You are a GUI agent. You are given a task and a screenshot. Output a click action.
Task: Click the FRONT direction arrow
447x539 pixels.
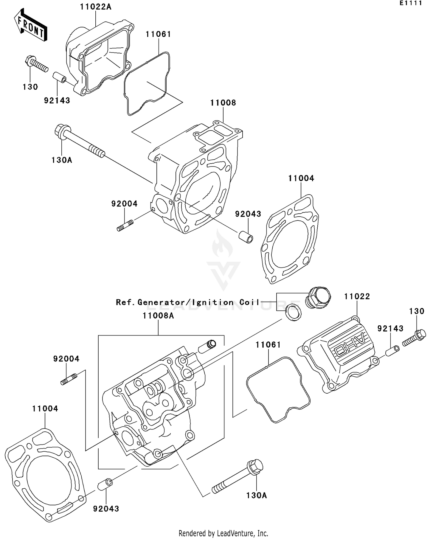31,25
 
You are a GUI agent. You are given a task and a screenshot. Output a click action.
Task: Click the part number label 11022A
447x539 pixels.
95,7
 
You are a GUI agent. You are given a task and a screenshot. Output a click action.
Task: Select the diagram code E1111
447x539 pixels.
411,3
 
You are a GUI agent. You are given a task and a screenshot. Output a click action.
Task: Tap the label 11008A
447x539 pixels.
158,316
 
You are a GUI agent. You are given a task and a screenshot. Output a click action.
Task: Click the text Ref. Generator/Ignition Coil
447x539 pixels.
188,302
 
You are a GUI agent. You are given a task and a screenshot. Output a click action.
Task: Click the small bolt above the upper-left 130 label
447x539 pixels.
36,64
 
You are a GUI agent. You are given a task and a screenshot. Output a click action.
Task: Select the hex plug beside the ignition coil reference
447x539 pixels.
318,297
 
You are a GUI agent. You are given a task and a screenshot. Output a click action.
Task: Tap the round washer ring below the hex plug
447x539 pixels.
294,313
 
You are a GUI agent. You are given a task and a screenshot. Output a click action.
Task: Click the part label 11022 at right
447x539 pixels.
357,296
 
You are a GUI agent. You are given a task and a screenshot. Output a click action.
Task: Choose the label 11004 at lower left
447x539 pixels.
45,409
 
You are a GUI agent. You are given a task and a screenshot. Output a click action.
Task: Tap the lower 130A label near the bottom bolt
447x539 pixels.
256,495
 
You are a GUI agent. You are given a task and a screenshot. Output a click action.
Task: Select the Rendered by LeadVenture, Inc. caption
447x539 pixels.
223,533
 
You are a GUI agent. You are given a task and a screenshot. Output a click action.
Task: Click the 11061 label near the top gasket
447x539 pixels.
158,34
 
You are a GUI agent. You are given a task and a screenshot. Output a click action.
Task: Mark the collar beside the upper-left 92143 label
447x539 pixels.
60,77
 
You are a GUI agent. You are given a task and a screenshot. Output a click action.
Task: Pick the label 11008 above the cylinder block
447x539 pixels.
223,103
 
